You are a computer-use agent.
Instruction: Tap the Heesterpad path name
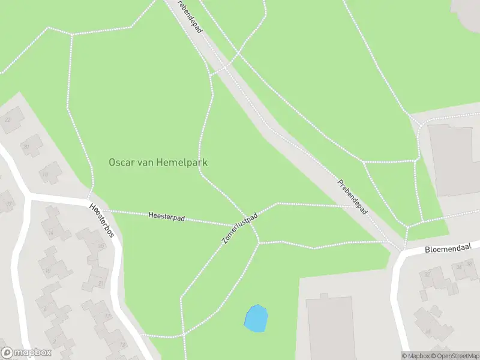[166, 217]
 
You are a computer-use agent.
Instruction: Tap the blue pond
[256, 317]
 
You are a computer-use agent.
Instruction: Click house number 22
[8, 119]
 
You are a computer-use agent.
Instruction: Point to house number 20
[26, 146]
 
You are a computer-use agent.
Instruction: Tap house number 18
[44, 174]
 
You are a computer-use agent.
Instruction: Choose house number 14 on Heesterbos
[51, 233]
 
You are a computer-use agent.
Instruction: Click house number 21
[101, 283]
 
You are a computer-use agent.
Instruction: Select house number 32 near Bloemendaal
[428, 274]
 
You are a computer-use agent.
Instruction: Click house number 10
[48, 271]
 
